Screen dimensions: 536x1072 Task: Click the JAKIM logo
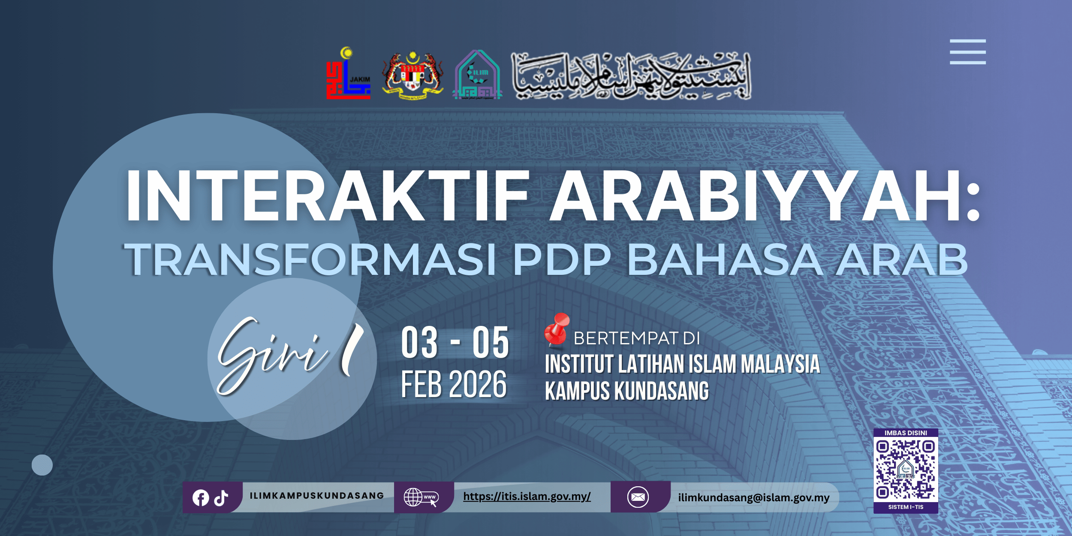pyautogui.click(x=348, y=74)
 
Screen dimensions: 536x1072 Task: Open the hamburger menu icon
pyautogui.click(x=967, y=52)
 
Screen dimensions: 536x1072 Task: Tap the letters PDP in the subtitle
pyautogui.click(x=561, y=259)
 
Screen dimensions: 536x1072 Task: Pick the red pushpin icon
pyautogui.click(x=556, y=329)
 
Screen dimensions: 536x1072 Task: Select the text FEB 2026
pyautogui.click(x=454, y=384)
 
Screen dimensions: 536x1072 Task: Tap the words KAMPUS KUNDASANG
pyautogui.click(x=626, y=391)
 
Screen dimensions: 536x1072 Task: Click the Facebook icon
pyautogui.click(x=201, y=498)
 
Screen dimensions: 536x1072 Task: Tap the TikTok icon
pyautogui.click(x=221, y=498)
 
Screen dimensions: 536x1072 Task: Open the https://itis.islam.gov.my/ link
pyautogui.click(x=527, y=497)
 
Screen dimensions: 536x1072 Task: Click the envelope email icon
pyautogui.click(x=638, y=497)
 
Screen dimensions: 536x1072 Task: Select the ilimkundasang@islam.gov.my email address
pyautogui.click(x=753, y=497)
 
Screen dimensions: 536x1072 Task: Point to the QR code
pyautogui.click(x=906, y=471)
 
